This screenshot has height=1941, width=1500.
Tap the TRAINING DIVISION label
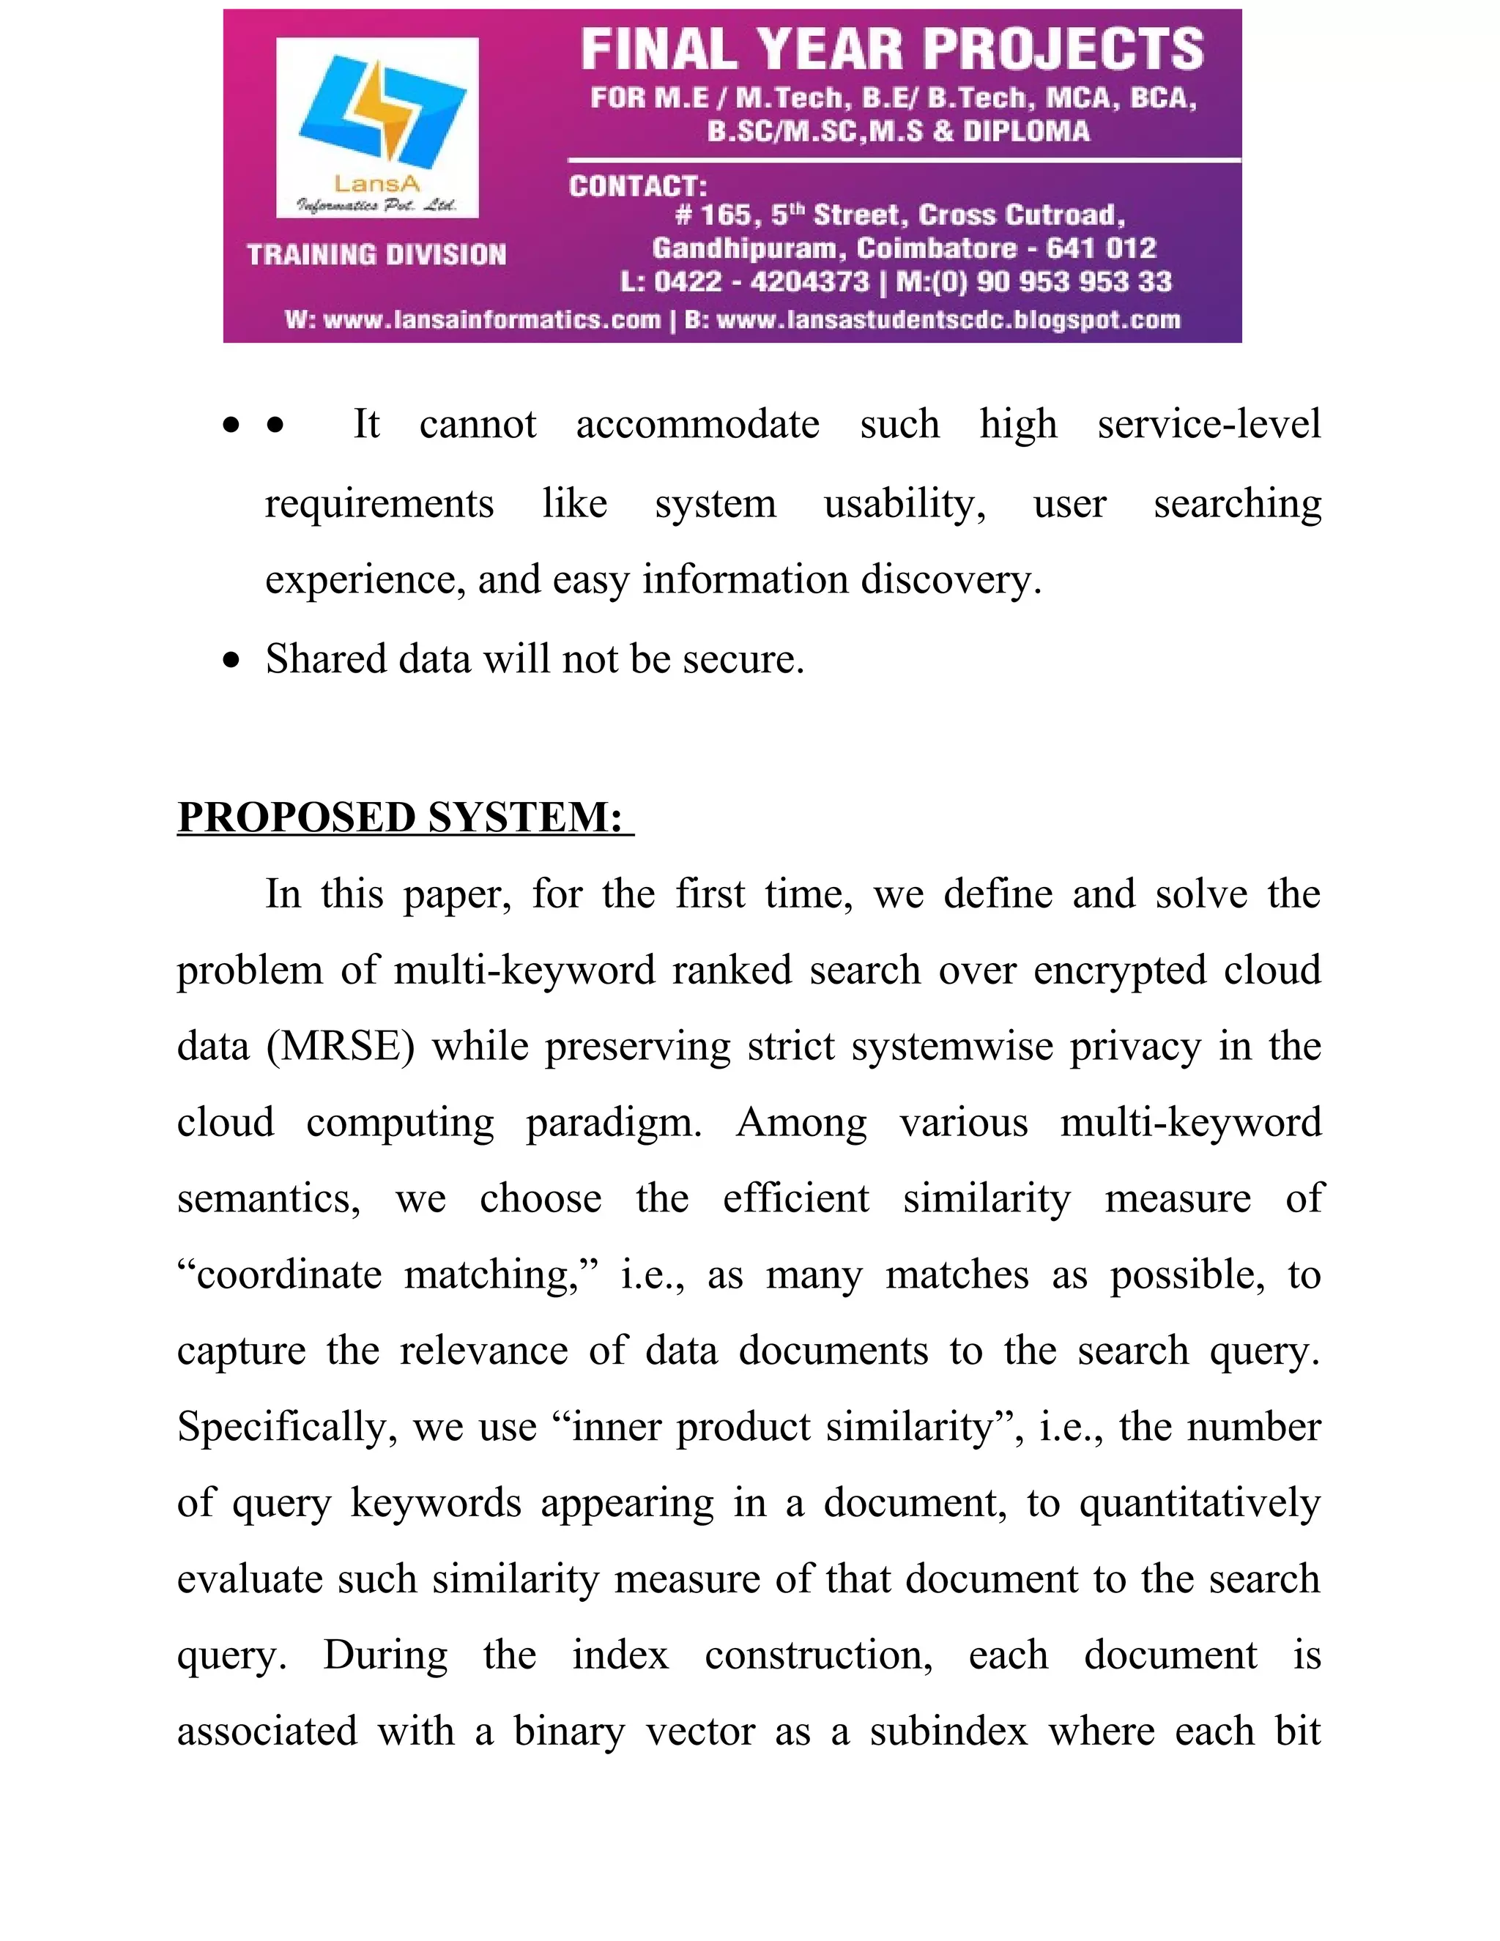(x=376, y=255)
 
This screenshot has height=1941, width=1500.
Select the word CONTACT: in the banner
(x=638, y=187)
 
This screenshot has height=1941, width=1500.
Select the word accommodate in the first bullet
(x=697, y=424)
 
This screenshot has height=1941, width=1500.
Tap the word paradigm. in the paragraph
(x=613, y=1122)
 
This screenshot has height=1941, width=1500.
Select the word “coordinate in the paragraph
(x=280, y=1275)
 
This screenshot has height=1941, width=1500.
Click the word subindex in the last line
(x=948, y=1732)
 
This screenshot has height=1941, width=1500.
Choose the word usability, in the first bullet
(x=905, y=504)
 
